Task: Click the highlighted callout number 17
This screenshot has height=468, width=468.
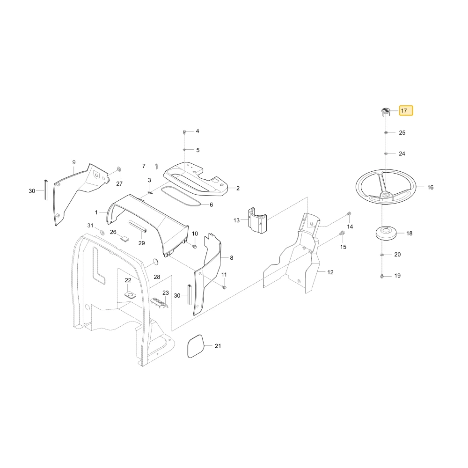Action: click(404, 111)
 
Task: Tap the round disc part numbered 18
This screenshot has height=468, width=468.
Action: click(386, 233)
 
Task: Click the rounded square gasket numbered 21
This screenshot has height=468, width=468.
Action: click(196, 346)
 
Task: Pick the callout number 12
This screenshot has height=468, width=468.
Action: click(330, 272)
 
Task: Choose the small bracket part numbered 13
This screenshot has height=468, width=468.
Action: click(258, 220)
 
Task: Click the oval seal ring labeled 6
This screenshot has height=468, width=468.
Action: click(181, 196)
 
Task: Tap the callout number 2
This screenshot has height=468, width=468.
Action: click(238, 188)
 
